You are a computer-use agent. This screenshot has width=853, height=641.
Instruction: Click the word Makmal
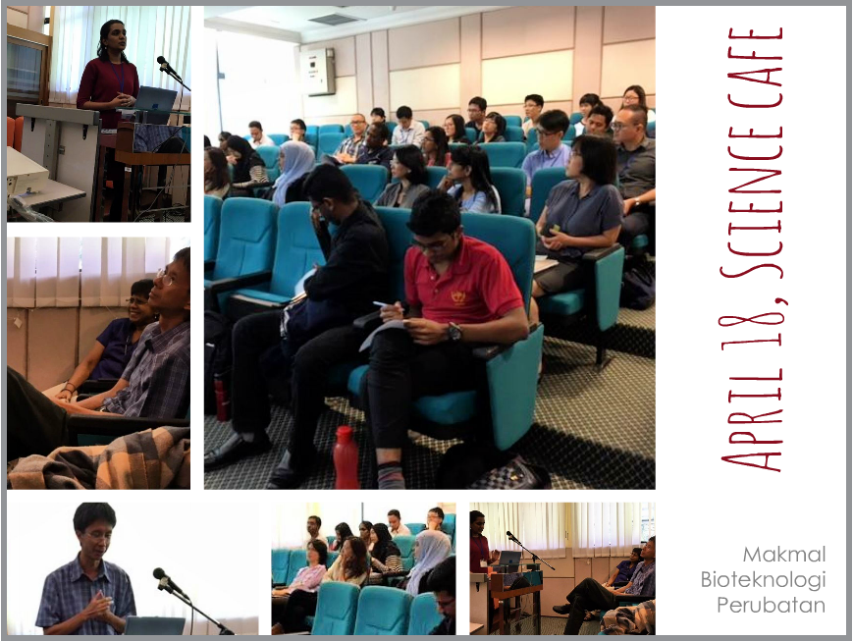784,555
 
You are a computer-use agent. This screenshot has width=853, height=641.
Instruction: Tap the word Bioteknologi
763,580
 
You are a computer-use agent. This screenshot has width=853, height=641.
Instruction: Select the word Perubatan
771,605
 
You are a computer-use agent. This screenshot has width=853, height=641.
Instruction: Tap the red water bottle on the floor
346,457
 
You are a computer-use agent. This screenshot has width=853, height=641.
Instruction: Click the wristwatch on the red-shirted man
453,330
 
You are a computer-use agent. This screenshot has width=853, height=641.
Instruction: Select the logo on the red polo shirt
458,297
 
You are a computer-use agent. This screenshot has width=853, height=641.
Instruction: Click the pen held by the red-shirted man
387,305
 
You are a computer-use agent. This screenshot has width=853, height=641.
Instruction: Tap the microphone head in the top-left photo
164,63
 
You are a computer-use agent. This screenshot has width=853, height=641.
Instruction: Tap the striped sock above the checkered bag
391,474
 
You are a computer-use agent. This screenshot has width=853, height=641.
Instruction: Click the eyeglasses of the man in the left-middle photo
168,278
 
